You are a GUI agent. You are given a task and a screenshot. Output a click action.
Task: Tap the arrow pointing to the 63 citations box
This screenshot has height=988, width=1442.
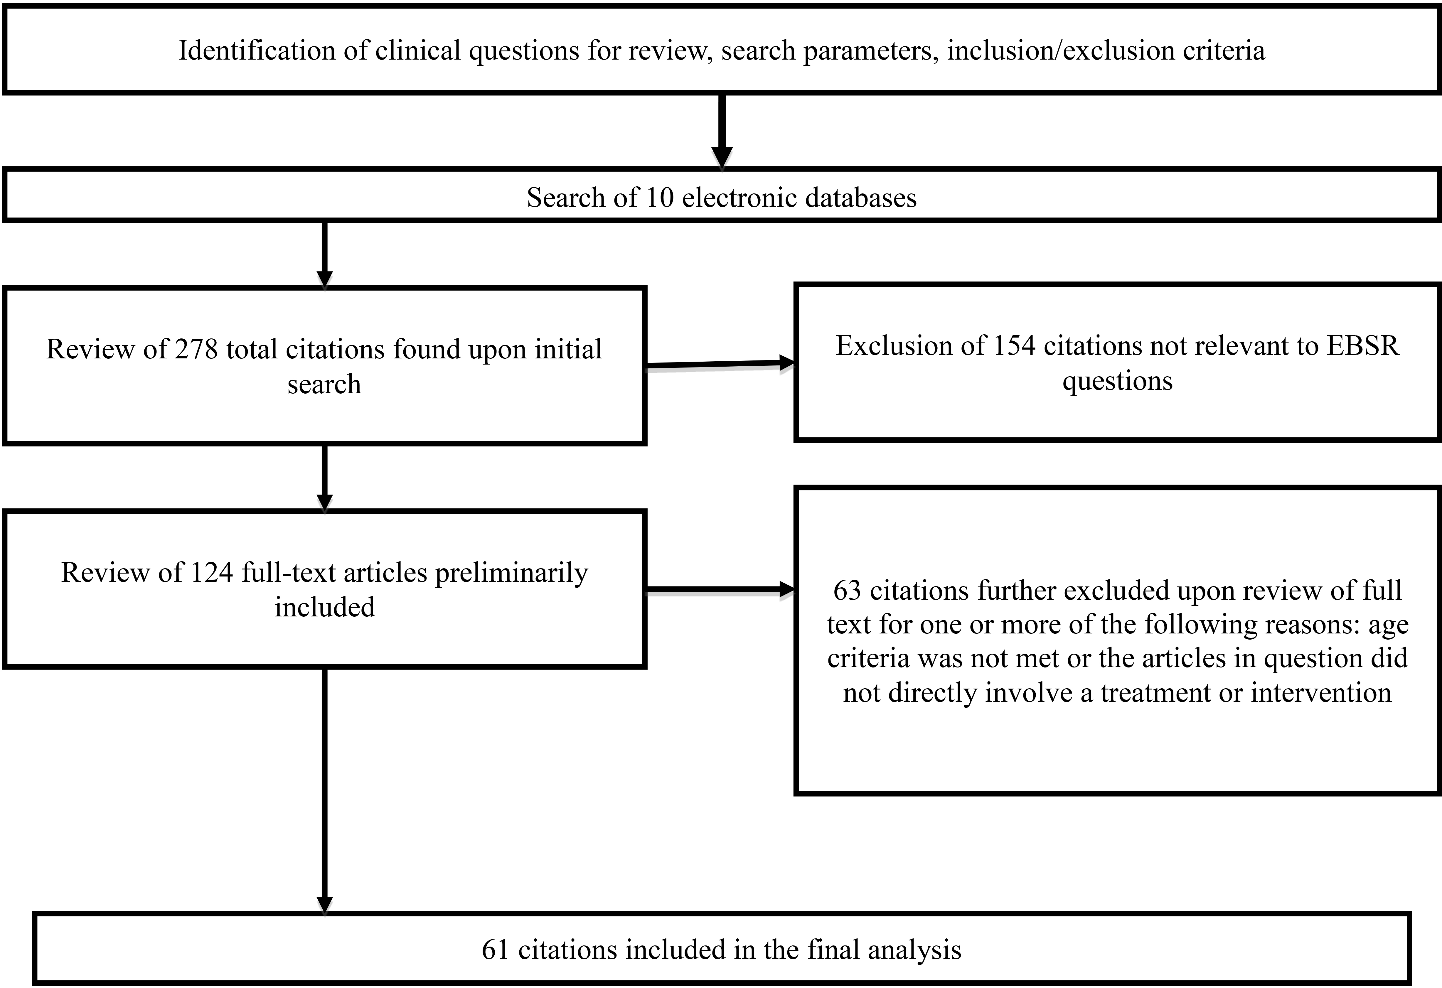[720, 590]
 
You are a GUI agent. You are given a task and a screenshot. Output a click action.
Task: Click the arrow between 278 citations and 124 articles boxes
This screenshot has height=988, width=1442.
[324, 478]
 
